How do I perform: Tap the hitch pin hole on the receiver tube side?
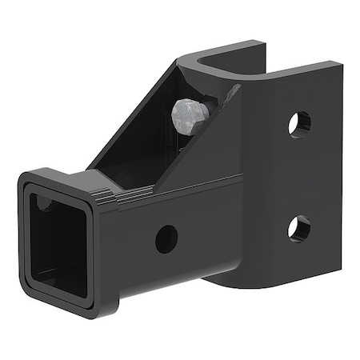tap(166, 238)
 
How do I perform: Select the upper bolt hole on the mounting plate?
tap(299, 123)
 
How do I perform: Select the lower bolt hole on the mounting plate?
tap(298, 228)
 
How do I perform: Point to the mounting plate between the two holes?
tap(298, 176)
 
